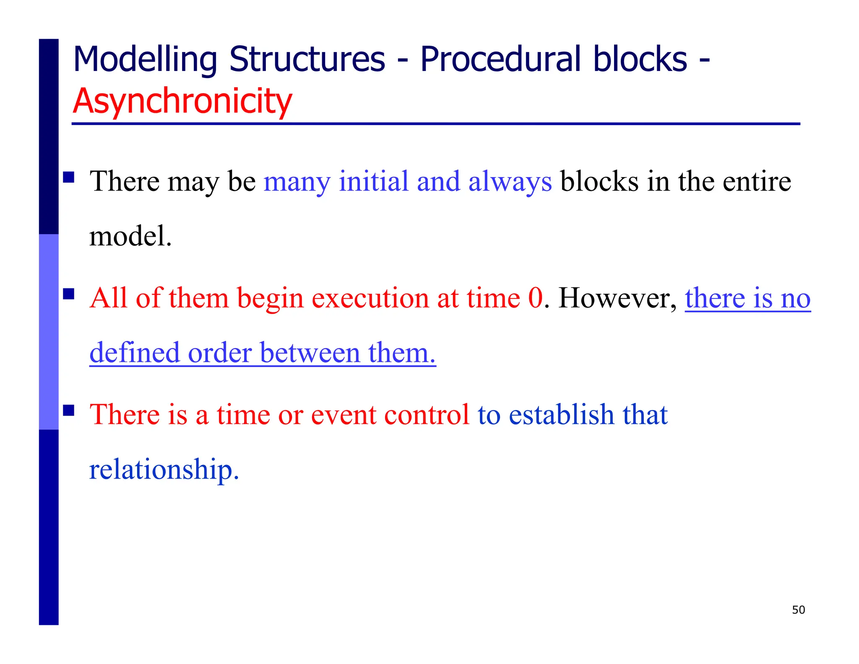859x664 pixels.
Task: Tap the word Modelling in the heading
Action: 145,60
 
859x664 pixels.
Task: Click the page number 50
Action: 798,610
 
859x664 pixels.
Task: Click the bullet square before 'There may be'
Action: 69,177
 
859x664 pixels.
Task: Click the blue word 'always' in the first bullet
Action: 510,182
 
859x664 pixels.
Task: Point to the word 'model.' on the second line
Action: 130,236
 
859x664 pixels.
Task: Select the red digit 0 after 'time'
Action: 535,298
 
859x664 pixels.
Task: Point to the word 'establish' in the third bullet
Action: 561,415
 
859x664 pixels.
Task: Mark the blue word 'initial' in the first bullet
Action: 373,181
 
